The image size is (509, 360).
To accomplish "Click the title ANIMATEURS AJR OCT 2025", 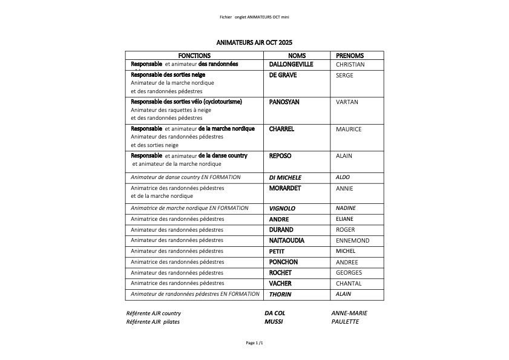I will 254,43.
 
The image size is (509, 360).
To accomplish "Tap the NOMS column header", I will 297,56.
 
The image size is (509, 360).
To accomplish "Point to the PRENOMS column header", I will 349,56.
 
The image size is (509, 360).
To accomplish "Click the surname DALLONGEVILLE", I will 291,64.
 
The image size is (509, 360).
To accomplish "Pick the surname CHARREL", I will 281,129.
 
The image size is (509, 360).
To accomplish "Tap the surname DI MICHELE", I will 285,178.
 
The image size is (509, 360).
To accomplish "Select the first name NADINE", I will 346,208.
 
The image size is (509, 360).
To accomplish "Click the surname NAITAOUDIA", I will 287,241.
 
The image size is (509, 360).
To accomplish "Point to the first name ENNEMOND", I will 352,241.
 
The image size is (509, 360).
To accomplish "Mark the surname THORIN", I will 280,295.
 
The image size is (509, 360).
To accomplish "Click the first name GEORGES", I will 349,273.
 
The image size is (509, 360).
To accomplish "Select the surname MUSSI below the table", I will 274,322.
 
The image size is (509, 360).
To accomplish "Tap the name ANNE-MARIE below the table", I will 349,313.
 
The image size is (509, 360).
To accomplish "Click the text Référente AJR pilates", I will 153,322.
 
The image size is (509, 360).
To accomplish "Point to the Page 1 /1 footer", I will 254,343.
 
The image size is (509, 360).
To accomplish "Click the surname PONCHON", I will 283,262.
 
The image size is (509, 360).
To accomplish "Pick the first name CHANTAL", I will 349,284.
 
